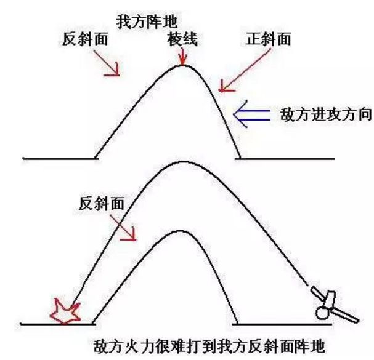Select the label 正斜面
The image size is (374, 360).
267,39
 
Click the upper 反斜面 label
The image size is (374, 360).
86,39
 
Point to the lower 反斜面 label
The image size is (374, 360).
102,203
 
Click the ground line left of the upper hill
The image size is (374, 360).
59,158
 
